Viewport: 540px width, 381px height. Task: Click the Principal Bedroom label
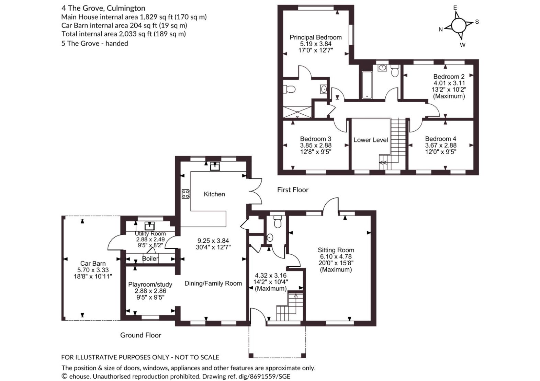tap(316, 37)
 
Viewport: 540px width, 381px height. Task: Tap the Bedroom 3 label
tap(316, 139)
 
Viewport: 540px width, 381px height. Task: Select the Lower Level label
tap(371, 140)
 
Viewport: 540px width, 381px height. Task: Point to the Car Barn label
tap(93, 264)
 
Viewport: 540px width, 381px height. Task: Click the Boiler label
tap(150, 259)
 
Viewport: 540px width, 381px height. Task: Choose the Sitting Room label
tap(336, 250)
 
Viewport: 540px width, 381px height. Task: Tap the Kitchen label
tap(214, 194)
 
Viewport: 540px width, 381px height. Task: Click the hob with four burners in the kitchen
tap(185, 194)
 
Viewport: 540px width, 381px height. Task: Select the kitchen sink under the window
tap(215, 166)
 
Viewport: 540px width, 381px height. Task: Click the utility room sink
tap(150, 226)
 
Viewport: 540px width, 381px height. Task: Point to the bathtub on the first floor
tap(367, 85)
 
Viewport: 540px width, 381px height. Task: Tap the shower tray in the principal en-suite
tap(297, 112)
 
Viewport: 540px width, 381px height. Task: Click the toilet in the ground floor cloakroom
tap(278, 222)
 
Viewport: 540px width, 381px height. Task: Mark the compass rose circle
tap(459, 26)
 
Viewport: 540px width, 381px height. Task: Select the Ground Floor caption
tap(140, 335)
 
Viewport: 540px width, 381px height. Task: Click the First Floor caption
tap(293, 190)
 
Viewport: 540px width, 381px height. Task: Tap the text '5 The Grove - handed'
tap(95, 43)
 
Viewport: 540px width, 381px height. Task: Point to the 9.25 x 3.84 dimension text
tap(213, 241)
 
